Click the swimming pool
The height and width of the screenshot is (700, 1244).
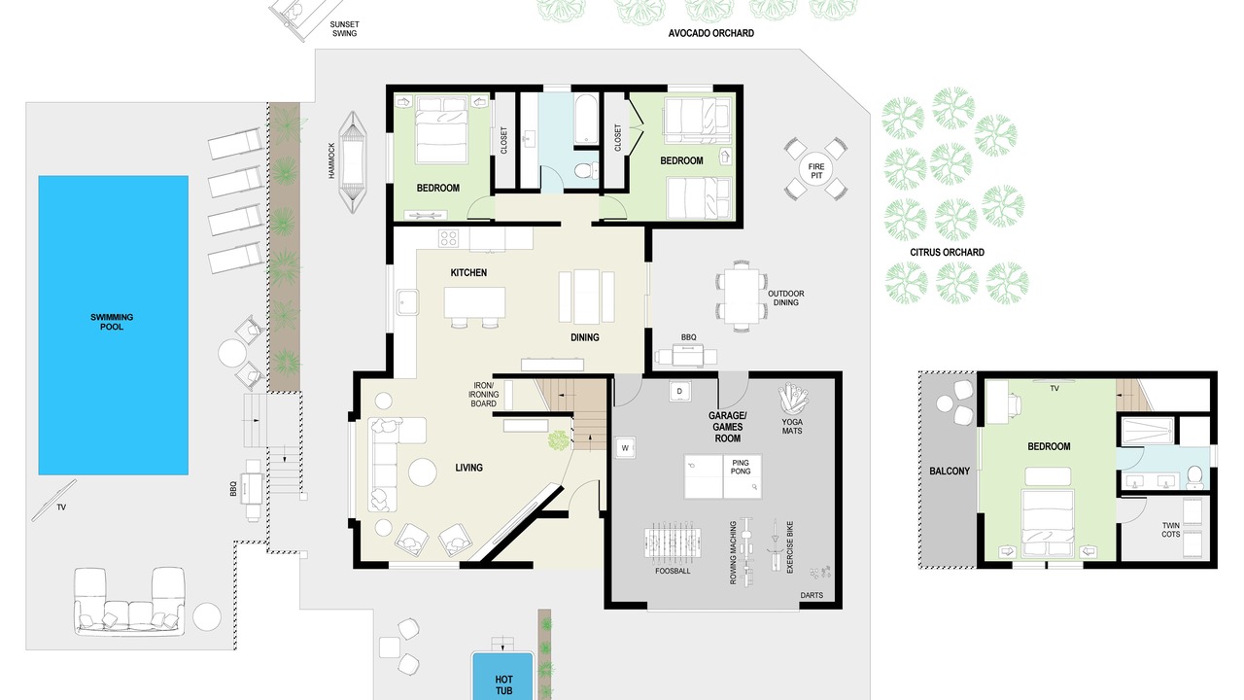(x=114, y=325)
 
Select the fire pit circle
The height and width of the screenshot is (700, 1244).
(x=815, y=170)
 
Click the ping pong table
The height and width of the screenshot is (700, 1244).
(x=722, y=476)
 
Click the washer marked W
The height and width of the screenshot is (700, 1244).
(x=625, y=448)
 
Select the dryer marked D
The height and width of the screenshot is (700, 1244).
(x=679, y=391)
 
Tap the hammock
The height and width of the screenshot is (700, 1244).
(x=352, y=162)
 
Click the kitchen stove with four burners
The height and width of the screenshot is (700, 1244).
(x=448, y=238)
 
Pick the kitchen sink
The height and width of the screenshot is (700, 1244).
(x=407, y=302)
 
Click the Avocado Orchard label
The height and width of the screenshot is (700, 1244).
(x=710, y=33)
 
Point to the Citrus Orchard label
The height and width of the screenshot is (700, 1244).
(x=947, y=252)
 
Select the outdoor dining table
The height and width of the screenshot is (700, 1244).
(x=741, y=297)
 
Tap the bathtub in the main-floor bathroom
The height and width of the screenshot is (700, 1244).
(x=585, y=120)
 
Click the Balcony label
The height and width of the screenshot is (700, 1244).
(x=950, y=472)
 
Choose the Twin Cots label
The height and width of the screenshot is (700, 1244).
(x=1171, y=530)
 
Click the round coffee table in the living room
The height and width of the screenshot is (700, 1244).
(x=423, y=472)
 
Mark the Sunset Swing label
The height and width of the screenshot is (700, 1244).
(x=344, y=29)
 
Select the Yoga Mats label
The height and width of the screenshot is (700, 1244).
(x=792, y=426)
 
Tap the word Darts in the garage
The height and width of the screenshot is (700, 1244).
(x=812, y=595)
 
